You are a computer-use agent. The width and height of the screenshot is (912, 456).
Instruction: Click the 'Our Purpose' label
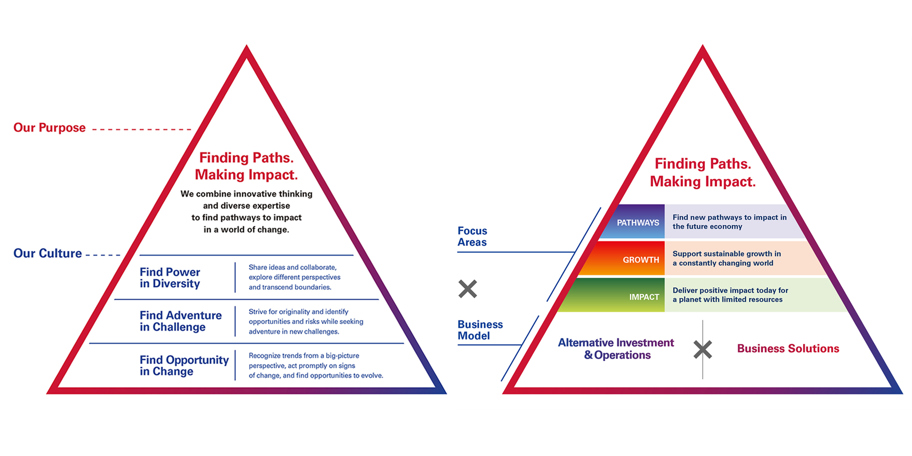pyautogui.click(x=49, y=128)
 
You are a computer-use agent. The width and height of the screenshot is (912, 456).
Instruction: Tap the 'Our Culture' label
pyautogui.click(x=47, y=254)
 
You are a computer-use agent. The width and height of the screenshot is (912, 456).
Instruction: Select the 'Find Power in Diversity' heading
pyautogui.click(x=170, y=278)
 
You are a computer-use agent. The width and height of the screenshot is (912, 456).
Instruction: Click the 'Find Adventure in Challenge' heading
pyautogui.click(x=181, y=321)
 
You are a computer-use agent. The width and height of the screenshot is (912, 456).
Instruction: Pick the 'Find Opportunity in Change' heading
pyautogui.click(x=184, y=366)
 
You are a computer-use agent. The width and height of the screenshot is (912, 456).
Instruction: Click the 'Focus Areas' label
pyautogui.click(x=472, y=237)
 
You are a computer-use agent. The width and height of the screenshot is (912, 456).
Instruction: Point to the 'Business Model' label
pyautogui.click(x=480, y=330)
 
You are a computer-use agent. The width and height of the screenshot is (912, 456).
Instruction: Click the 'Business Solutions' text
pyautogui.click(x=788, y=349)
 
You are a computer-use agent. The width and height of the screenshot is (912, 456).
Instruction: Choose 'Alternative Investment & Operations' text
pyautogui.click(x=616, y=349)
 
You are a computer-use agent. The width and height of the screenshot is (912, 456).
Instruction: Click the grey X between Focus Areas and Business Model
pyautogui.click(x=467, y=289)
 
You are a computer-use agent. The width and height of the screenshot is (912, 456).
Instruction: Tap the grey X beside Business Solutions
pyautogui.click(x=703, y=350)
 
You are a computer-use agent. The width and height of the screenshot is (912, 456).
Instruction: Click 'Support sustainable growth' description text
pyautogui.click(x=726, y=259)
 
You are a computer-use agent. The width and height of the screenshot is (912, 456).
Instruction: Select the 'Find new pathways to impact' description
pyautogui.click(x=729, y=222)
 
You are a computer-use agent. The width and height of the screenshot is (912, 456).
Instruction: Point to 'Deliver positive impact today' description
pyautogui.click(x=730, y=295)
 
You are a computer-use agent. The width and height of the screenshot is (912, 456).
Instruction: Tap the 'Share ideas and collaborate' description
pyautogui.click(x=294, y=277)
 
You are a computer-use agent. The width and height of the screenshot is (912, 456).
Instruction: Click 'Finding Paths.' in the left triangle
pyautogui.click(x=246, y=158)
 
